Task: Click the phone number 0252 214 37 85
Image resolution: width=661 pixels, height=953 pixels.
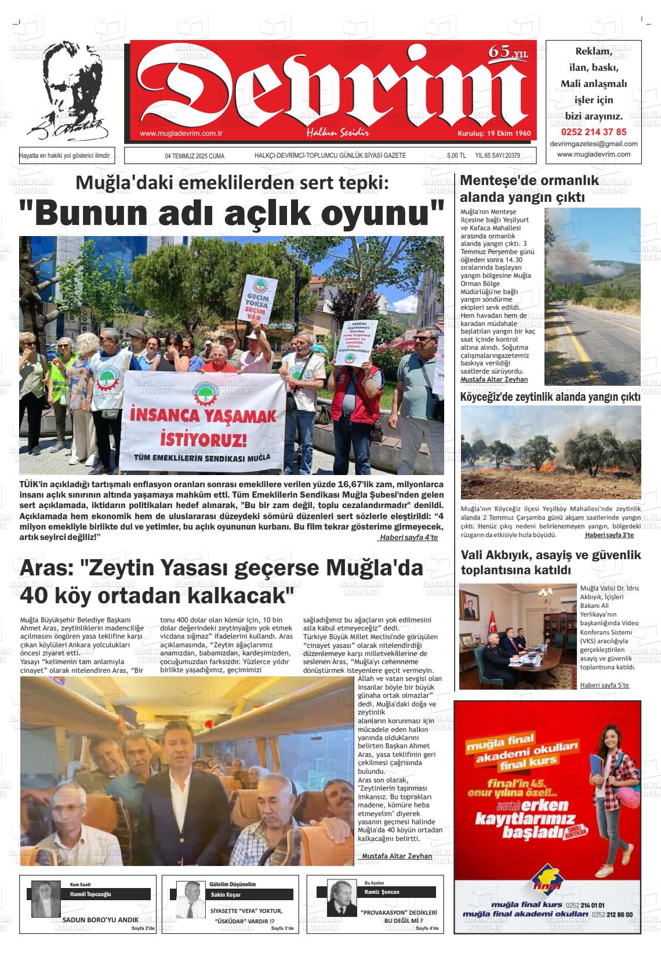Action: coord(593,132)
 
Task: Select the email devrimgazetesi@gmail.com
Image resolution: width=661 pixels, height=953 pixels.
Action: coord(593,144)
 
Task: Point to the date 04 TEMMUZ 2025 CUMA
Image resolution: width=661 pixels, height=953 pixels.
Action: coord(194,156)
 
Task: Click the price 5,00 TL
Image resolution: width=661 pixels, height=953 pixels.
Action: coord(456,156)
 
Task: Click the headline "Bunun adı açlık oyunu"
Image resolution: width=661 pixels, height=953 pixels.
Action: coord(231,213)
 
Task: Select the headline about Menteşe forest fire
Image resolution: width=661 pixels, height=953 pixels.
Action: coord(529,189)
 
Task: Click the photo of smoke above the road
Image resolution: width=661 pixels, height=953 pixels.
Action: coord(592,295)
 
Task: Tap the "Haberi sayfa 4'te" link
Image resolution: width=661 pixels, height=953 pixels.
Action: coord(408,538)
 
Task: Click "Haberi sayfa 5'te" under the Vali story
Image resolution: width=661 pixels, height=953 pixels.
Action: coord(604,685)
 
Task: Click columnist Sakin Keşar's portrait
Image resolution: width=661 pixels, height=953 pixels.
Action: coord(188,900)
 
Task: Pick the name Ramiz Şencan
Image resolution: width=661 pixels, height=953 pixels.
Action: coord(382,892)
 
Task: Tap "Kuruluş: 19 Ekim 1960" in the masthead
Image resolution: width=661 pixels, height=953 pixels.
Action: coord(494,133)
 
